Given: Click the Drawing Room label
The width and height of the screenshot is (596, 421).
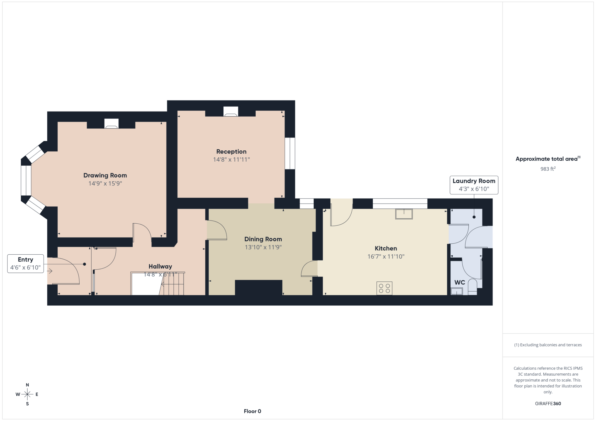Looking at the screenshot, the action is [x=105, y=175].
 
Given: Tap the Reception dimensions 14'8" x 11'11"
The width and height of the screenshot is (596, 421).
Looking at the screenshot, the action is [x=231, y=159].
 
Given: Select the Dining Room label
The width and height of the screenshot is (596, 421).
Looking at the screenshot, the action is [x=263, y=239].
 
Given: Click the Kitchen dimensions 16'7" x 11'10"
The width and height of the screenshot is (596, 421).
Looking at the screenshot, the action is [x=386, y=257].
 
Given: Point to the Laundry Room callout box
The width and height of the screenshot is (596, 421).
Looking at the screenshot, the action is [x=474, y=185].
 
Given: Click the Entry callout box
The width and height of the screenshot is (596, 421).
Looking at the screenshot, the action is [x=25, y=263].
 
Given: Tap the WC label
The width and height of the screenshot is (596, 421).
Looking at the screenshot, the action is [x=460, y=282].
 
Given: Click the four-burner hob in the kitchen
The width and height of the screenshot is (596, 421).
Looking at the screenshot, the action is [x=384, y=288].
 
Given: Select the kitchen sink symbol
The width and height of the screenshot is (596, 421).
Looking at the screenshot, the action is [x=404, y=214].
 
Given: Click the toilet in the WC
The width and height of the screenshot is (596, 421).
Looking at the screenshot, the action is [x=472, y=287].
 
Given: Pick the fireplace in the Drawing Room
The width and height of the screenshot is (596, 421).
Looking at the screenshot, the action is [x=111, y=123].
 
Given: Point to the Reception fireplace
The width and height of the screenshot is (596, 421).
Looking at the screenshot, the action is [x=231, y=112].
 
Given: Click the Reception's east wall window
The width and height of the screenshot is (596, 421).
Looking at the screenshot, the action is [x=290, y=153].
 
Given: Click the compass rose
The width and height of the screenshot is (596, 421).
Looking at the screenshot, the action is [x=27, y=394].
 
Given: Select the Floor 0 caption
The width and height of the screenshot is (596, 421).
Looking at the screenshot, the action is [x=253, y=411].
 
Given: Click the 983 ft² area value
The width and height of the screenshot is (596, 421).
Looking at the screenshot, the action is [x=548, y=169].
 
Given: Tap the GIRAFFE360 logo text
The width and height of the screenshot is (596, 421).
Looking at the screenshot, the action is [x=548, y=403].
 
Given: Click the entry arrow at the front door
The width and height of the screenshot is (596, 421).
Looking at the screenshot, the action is [x=50, y=271].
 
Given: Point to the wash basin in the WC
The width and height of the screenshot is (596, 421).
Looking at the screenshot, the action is [x=457, y=291].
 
